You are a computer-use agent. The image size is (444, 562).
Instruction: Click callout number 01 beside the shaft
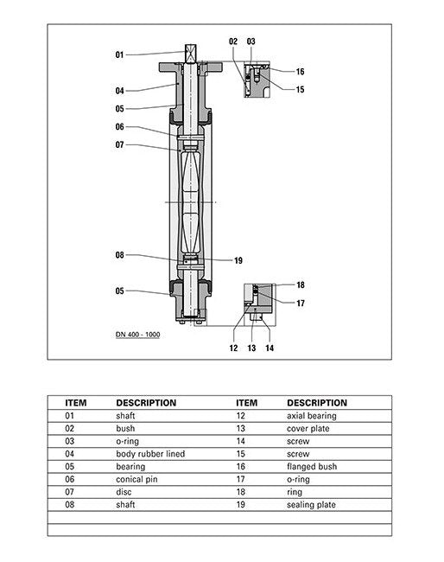[119, 54]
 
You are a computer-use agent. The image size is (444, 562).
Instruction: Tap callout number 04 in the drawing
[119, 91]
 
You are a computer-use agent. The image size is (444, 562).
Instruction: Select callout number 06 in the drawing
[119, 127]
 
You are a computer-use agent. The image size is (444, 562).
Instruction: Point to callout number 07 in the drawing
[119, 144]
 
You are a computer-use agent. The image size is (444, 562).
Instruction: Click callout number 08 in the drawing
[119, 255]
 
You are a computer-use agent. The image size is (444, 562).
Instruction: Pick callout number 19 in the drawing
[238, 260]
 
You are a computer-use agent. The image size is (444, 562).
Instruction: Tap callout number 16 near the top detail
[300, 72]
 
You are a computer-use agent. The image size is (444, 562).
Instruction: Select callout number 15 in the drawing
[300, 89]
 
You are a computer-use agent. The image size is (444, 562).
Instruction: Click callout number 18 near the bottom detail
[301, 285]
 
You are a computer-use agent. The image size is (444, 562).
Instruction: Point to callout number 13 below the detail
[251, 348]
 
